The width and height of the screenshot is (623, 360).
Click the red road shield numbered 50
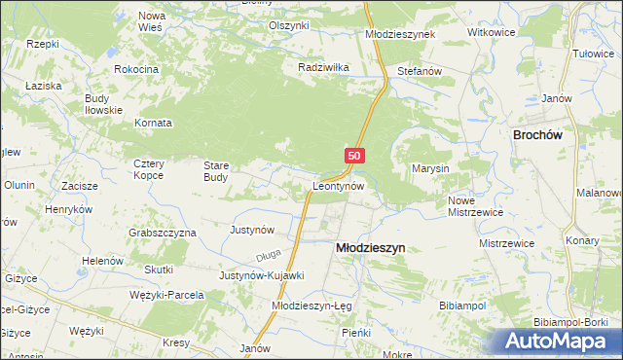[x=354, y=156]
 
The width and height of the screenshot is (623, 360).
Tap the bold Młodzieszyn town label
[x=370, y=248]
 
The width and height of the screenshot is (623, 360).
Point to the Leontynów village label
[x=338, y=185]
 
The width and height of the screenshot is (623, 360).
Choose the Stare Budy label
[x=215, y=171]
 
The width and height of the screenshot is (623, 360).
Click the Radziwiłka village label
[x=322, y=68]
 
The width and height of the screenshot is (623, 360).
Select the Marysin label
[x=428, y=168]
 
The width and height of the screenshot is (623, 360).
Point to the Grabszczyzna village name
[x=163, y=234]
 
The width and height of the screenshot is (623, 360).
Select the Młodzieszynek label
[x=400, y=33]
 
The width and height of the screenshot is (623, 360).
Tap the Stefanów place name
[x=421, y=71]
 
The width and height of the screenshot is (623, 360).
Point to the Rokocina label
[x=136, y=70]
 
